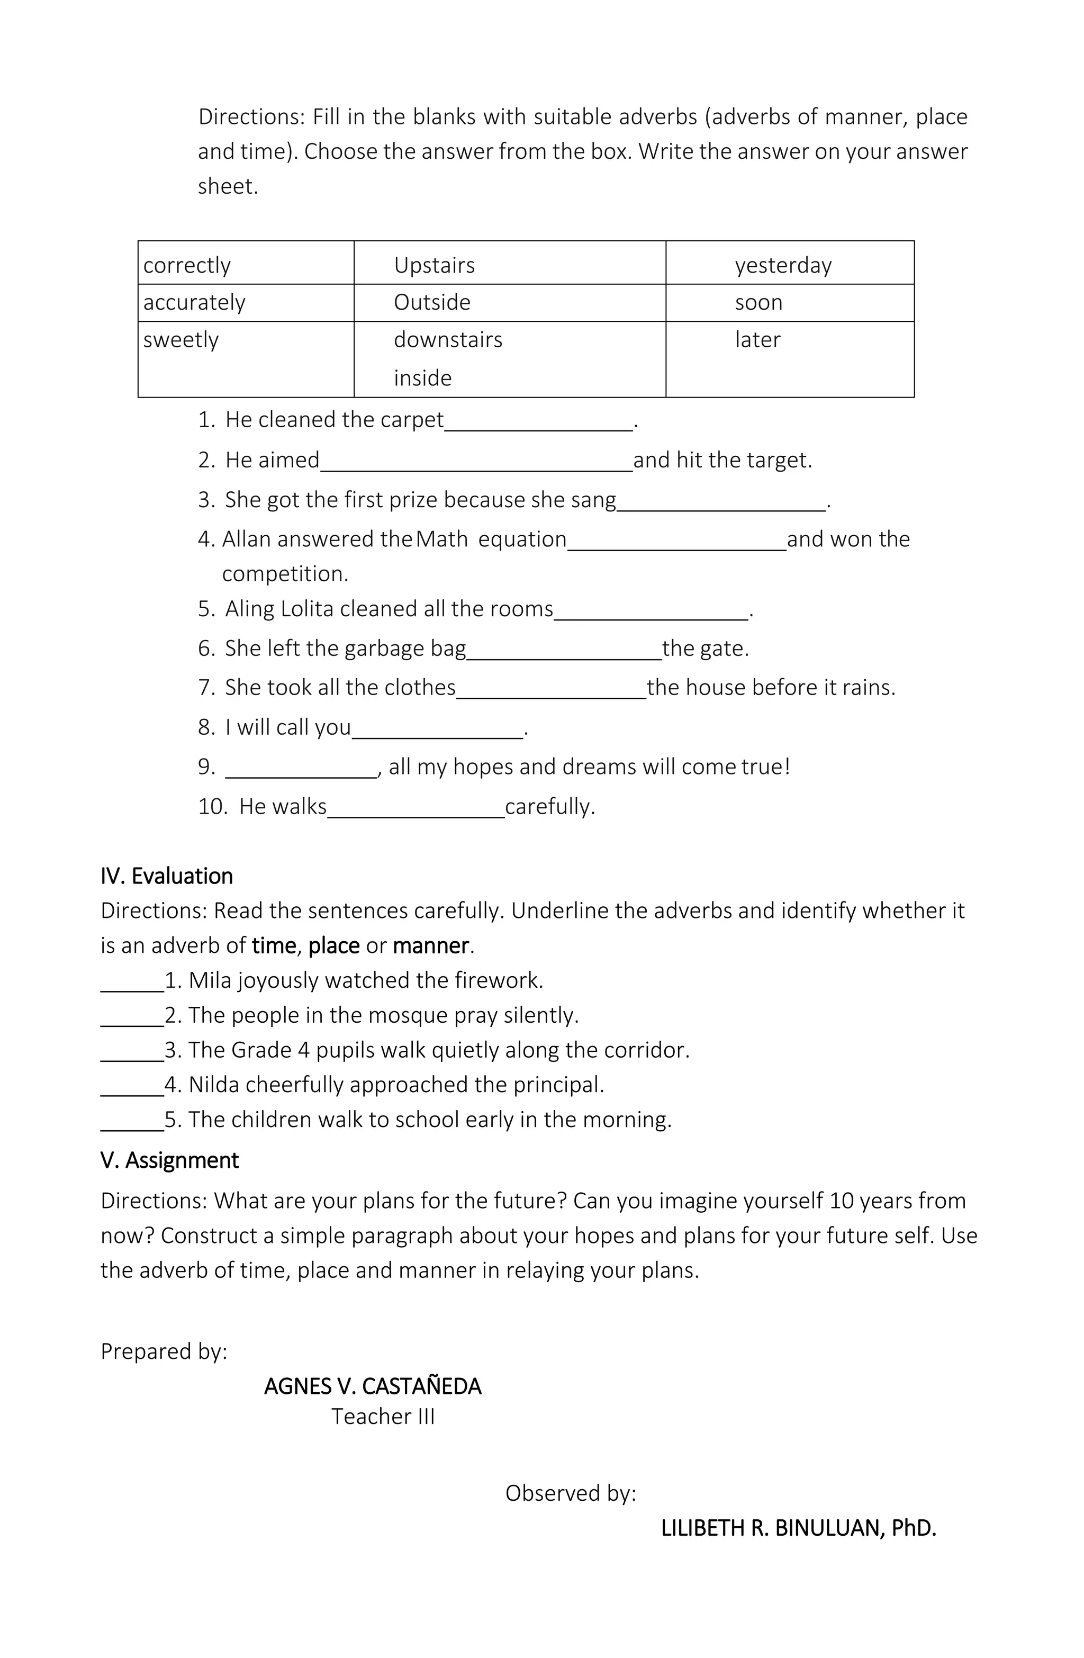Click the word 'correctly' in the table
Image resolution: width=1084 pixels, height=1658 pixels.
187,265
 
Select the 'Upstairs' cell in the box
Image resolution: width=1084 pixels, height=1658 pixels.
434,265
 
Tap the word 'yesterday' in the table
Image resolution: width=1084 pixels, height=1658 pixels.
783,265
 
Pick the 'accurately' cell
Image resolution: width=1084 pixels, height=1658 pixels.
194,302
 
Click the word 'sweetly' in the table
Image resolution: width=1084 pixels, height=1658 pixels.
181,340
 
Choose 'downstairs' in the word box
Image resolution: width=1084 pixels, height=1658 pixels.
448,340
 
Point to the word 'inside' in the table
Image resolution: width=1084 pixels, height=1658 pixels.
422,379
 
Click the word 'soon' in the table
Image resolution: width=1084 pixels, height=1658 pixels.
758,302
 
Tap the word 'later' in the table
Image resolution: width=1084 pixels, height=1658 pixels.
757,340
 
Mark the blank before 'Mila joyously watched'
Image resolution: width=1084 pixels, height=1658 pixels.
132,981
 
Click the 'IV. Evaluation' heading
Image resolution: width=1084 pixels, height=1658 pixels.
167,876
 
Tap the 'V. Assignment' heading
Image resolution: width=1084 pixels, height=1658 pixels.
169,1160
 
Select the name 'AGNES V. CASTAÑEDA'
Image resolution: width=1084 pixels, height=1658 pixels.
373,1400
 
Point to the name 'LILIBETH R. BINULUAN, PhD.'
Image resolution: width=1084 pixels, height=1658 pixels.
798,1528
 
